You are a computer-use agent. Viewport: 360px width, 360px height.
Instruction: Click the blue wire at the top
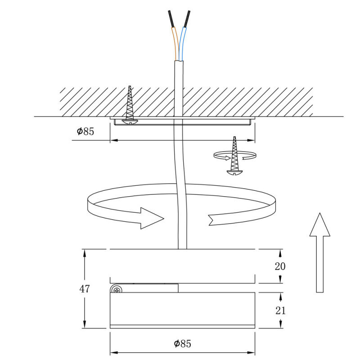coord(182,43)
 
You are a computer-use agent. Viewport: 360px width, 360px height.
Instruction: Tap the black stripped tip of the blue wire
coord(187,18)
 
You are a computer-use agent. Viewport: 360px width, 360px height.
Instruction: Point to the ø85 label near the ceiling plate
coord(85,131)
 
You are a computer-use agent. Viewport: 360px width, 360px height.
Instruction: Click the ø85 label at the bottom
coord(182,344)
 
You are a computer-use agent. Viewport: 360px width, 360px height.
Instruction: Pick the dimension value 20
coord(280,266)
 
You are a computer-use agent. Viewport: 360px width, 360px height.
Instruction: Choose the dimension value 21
coord(280,310)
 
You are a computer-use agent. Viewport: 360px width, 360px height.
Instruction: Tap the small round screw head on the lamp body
coord(117,289)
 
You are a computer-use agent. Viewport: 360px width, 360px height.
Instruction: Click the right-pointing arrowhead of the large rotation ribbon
coord(151,217)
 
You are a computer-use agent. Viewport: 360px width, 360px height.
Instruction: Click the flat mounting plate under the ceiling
coord(182,121)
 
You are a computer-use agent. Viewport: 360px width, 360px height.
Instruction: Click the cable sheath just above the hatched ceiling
coord(179,74)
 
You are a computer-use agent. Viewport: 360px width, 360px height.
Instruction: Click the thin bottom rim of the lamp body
coord(182,326)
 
